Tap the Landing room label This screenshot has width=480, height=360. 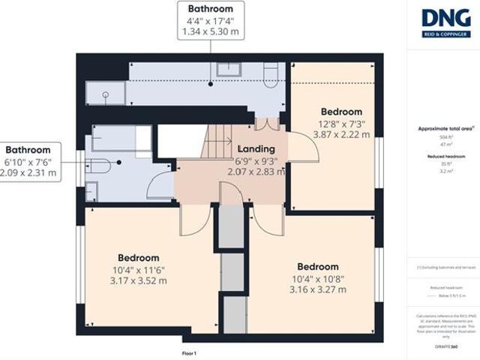[x=256, y=148]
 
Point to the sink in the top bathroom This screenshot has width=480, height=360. [x=227, y=70]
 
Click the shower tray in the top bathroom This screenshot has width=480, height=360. [x=105, y=93]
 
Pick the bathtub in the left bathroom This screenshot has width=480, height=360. [x=121, y=139]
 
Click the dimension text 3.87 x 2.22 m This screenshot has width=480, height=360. [x=341, y=135]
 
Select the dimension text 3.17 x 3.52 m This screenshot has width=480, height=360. [x=137, y=280]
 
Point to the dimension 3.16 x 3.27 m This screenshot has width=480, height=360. [x=317, y=289]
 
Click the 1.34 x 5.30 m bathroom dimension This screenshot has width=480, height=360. [x=210, y=31]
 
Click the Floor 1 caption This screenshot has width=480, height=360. [x=189, y=352]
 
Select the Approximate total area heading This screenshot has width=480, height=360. [x=446, y=129]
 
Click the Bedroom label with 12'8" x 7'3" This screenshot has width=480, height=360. [x=341, y=112]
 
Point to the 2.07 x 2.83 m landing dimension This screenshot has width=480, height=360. [x=256, y=171]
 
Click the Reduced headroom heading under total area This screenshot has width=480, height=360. [x=446, y=156]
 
